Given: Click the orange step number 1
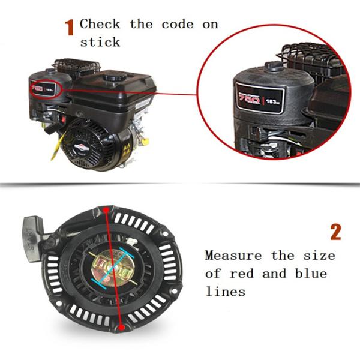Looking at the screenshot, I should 70,27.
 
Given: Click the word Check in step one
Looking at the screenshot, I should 100,25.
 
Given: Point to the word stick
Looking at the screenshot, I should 100,42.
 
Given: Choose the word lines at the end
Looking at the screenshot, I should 225,292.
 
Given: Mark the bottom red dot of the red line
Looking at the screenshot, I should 122,328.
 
